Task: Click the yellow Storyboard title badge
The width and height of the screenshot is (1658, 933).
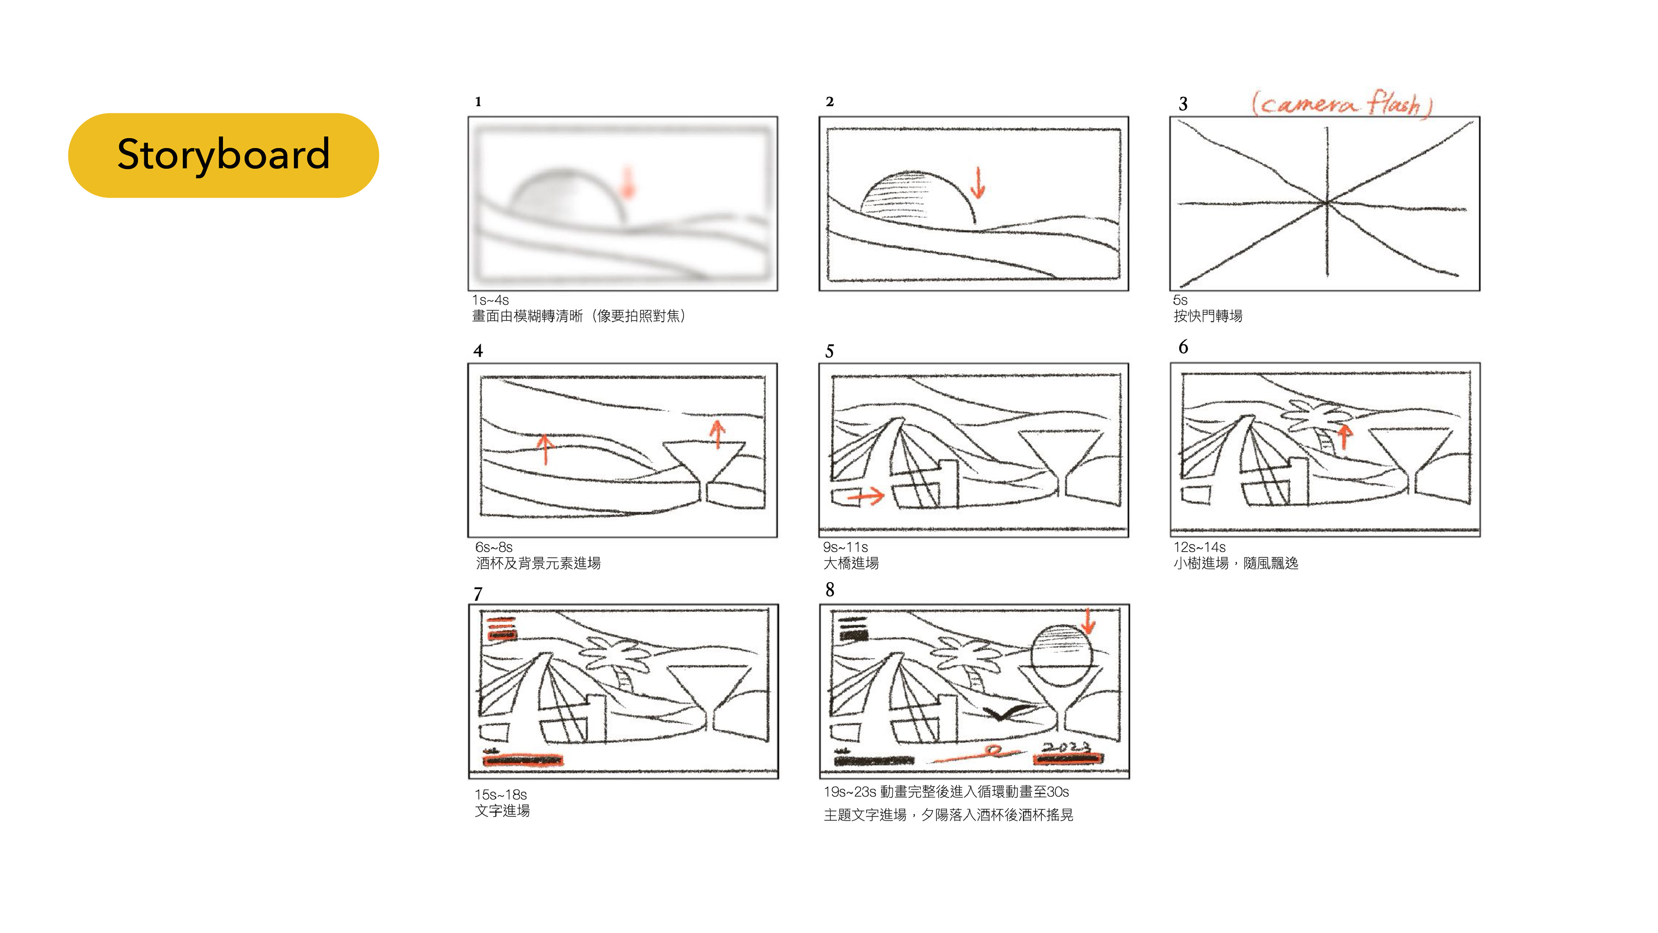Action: pyautogui.click(x=223, y=155)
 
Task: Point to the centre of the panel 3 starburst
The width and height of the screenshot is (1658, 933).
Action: pyautogui.click(x=1326, y=203)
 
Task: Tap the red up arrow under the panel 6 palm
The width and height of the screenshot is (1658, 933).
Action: pyautogui.click(x=1344, y=437)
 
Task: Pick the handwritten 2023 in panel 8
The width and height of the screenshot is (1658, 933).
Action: pyautogui.click(x=1066, y=747)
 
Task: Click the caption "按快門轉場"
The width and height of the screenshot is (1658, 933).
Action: pyautogui.click(x=1208, y=316)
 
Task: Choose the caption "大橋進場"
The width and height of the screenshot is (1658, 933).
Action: pyautogui.click(x=851, y=563)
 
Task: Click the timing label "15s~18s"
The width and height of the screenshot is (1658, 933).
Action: pyautogui.click(x=501, y=795)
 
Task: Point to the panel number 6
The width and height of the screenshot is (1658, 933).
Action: pyautogui.click(x=1183, y=347)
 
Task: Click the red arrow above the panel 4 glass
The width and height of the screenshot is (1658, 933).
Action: pyautogui.click(x=718, y=434)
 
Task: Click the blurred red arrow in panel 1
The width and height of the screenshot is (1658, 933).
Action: pyautogui.click(x=627, y=182)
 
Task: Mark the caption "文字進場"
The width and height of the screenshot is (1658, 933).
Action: pyautogui.click(x=502, y=811)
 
